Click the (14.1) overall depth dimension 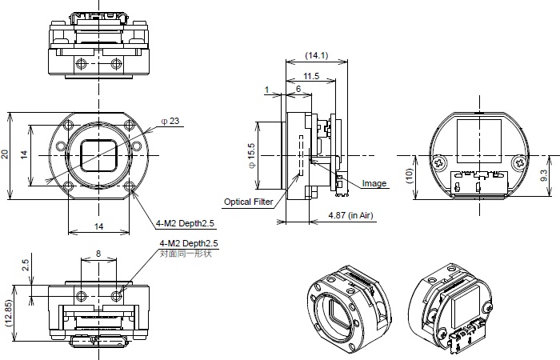coord(316,55)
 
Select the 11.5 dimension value coord(311,76)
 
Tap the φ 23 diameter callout coord(170,121)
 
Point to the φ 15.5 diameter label coord(251,154)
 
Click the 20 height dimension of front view coord(6,154)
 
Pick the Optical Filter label coord(248,202)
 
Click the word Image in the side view coord(374,183)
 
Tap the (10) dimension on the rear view coord(409,177)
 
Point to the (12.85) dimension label coord(8,314)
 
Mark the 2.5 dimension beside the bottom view coord(25,264)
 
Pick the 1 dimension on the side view coord(267,90)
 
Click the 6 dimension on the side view coord(298,90)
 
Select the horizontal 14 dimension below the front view coord(98,226)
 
